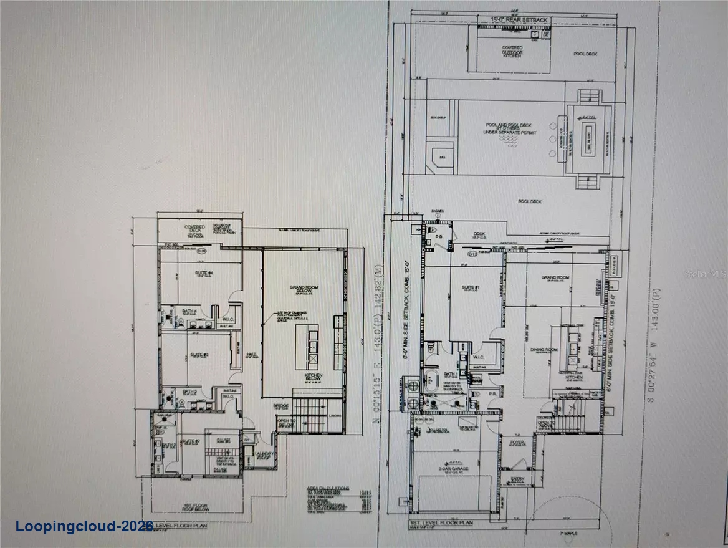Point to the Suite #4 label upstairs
pos(186,274)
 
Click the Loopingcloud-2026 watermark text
pos(85,526)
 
